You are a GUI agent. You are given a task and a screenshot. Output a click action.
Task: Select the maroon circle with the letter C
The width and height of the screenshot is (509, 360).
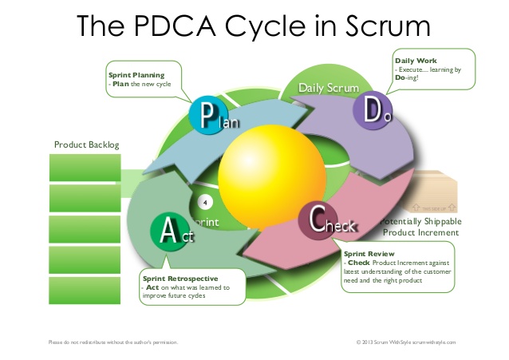point(318,220)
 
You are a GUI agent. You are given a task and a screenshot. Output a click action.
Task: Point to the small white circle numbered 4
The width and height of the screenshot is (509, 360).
point(204,200)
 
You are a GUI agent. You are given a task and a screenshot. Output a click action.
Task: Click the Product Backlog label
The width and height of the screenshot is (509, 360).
point(86,144)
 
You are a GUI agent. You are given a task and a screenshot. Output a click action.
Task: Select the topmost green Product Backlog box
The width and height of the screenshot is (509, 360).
point(85,168)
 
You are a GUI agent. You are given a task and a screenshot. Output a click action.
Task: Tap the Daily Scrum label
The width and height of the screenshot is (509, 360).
point(329,86)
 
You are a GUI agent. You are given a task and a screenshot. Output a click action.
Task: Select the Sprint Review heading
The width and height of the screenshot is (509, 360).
point(370,253)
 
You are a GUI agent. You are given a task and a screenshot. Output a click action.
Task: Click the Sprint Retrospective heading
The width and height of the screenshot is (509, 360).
point(176,279)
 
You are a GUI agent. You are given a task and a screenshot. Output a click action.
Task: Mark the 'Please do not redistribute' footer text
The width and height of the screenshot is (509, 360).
point(112,342)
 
